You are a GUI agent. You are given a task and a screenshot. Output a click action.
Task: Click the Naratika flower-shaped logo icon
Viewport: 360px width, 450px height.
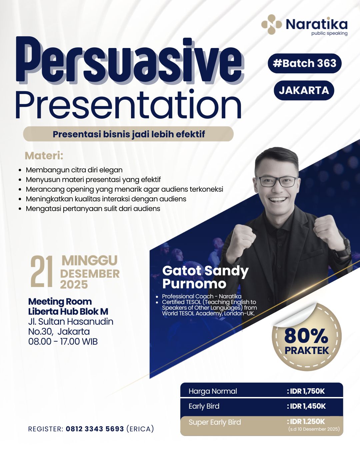point(271,24)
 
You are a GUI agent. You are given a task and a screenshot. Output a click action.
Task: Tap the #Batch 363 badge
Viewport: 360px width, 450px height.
point(305,63)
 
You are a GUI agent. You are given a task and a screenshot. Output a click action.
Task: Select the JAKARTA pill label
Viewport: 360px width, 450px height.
point(304,90)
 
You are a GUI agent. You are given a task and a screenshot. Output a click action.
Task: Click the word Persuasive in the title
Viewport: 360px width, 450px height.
point(130,61)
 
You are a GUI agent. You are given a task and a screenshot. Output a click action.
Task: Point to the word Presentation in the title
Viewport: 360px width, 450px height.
point(129,104)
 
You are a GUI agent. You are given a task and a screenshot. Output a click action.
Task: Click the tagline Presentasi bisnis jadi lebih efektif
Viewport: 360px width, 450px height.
point(129,134)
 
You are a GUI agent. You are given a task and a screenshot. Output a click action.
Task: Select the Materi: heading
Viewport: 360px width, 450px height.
point(44,156)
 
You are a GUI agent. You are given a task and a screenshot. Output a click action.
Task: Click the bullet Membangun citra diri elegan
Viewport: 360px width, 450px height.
point(74,170)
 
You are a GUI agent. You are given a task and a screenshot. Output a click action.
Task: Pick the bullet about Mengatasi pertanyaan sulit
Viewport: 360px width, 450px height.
point(93,208)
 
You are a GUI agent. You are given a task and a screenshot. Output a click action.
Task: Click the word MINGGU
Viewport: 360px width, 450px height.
point(90,260)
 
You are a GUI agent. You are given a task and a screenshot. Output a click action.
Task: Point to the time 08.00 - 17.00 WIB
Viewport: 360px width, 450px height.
point(63,341)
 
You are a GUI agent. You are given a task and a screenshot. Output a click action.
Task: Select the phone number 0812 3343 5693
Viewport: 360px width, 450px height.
point(95,429)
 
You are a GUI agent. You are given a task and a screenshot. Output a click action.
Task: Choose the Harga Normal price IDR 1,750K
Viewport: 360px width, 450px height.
point(306,391)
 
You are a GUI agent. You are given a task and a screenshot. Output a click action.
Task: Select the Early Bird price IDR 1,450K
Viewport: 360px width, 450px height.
point(306,406)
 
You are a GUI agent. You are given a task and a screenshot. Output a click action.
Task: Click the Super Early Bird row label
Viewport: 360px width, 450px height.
point(215,422)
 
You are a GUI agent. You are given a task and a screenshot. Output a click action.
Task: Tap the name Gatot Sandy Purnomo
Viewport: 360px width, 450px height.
point(205,277)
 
